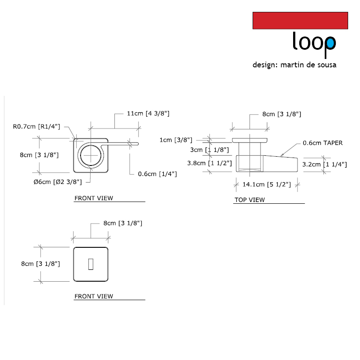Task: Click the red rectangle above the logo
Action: (x=300, y=21)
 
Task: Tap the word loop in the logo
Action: (x=314, y=43)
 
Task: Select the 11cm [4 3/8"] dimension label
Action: (x=148, y=114)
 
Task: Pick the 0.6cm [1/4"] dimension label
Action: (x=157, y=174)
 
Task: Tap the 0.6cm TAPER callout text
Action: (x=322, y=143)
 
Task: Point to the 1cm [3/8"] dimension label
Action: (x=176, y=140)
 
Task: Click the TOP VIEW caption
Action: (x=249, y=200)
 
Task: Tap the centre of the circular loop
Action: (x=92, y=155)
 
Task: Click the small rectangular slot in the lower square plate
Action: (x=91, y=264)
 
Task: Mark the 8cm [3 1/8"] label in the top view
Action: (x=282, y=114)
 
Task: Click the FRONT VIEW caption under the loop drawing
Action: (x=93, y=198)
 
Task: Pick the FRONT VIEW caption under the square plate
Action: (x=93, y=296)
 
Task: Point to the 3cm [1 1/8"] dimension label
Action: (x=209, y=150)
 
